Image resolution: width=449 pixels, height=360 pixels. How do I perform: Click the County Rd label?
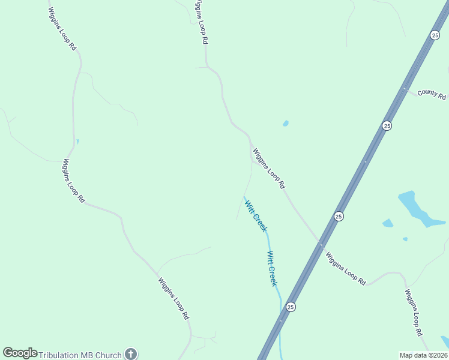432,94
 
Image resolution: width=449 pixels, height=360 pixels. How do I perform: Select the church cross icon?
131,354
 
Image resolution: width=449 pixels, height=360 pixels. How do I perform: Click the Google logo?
20,353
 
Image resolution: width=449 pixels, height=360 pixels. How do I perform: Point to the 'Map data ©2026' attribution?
424,355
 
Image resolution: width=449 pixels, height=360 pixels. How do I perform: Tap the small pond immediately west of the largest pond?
388,223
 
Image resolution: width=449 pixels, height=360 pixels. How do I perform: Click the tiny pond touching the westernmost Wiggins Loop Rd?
77,142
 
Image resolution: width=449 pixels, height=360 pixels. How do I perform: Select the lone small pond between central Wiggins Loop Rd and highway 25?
286,124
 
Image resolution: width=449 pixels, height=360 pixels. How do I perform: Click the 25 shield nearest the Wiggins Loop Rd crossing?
339,216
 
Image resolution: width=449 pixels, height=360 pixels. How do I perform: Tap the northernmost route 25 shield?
435,35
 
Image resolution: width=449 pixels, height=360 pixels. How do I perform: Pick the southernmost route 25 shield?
291,307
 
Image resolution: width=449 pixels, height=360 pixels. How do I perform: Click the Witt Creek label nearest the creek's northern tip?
255,216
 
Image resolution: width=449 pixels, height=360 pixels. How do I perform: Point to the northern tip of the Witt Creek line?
244,196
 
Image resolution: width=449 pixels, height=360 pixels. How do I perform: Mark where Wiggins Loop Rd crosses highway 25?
321,244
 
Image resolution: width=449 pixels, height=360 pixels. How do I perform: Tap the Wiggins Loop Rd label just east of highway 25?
346,268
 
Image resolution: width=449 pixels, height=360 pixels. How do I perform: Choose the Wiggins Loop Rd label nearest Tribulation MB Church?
174,298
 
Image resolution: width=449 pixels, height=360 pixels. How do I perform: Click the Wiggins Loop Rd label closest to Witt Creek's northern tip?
268,169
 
